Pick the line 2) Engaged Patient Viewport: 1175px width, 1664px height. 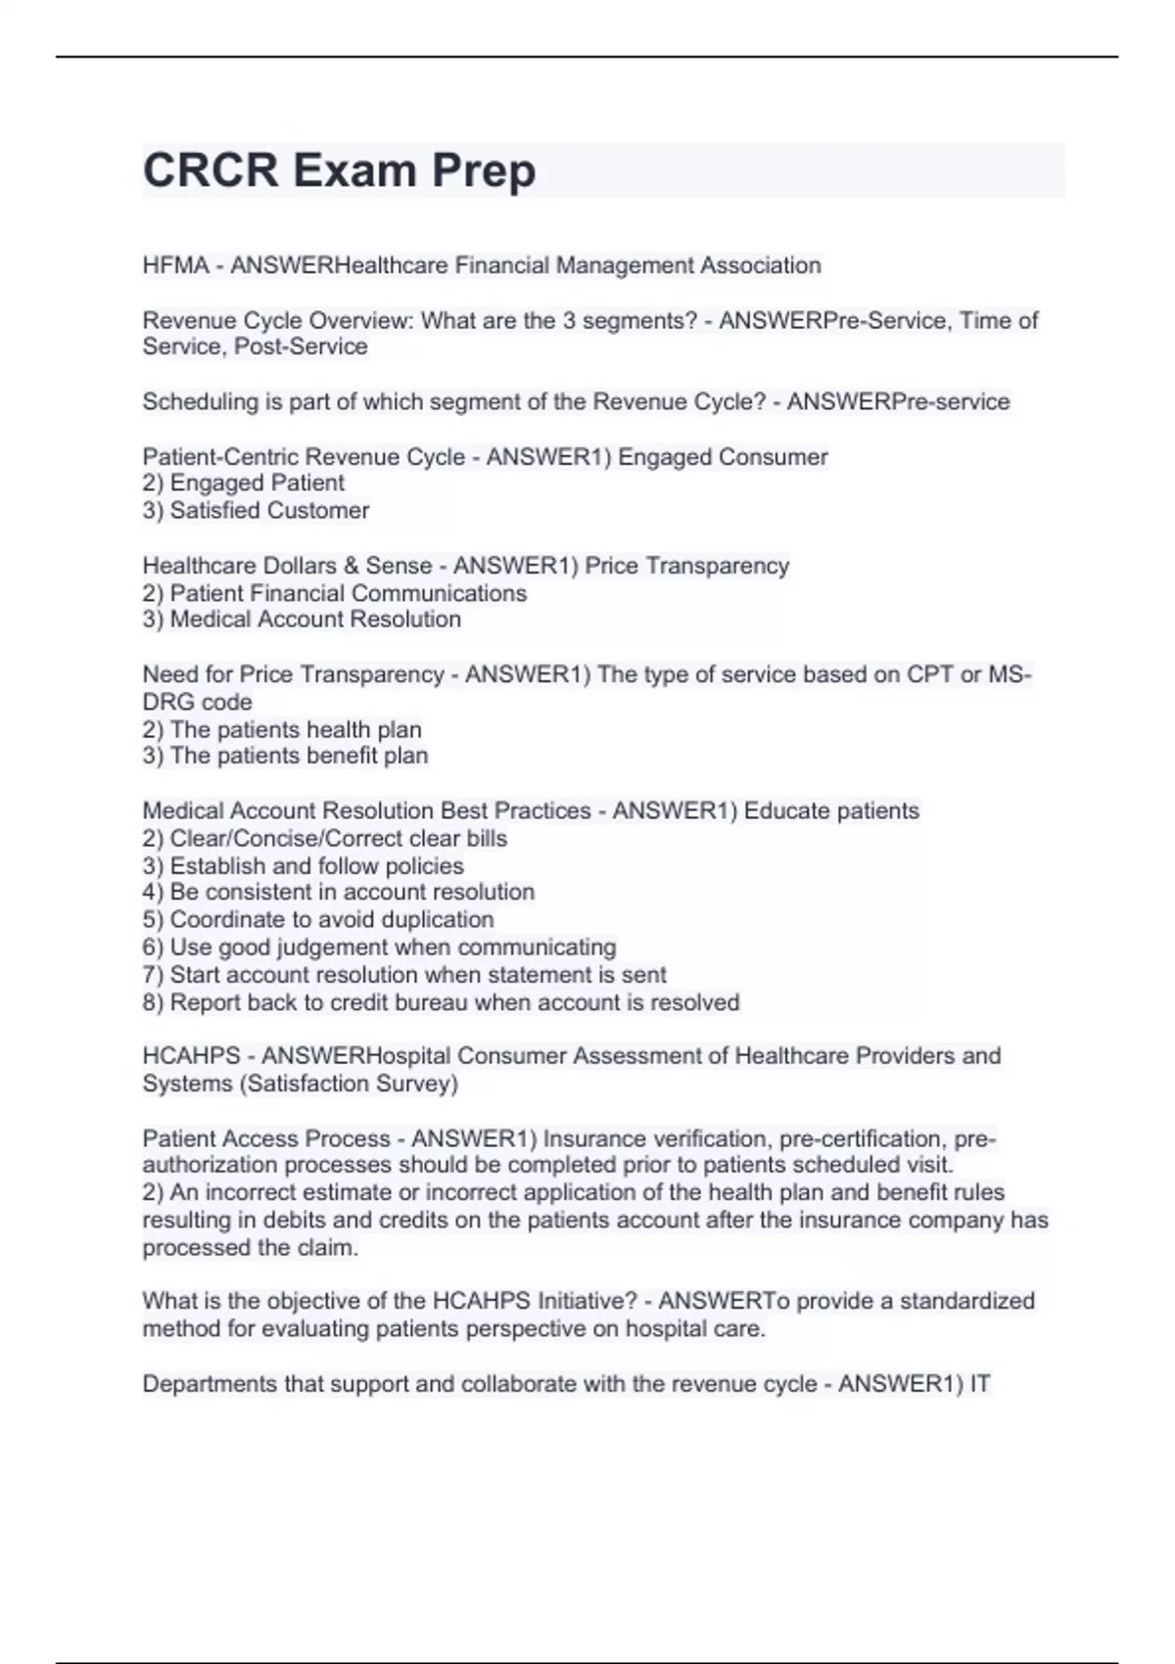(243, 483)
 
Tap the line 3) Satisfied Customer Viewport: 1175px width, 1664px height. (256, 510)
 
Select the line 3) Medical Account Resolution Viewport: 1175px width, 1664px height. (302, 619)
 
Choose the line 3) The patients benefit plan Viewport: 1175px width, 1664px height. (285, 756)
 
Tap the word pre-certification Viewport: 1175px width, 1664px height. (861, 1138)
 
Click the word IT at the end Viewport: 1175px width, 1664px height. (979, 1384)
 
